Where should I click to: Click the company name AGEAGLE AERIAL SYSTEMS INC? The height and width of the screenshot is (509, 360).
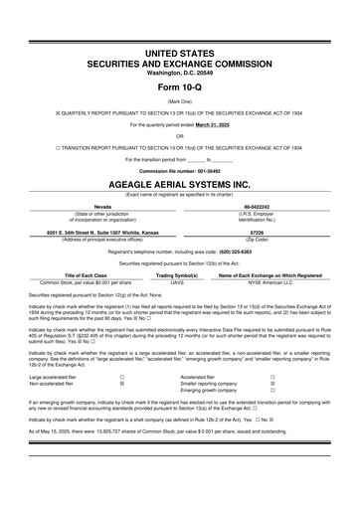point(179,185)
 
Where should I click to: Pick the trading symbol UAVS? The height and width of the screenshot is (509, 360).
point(178,282)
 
